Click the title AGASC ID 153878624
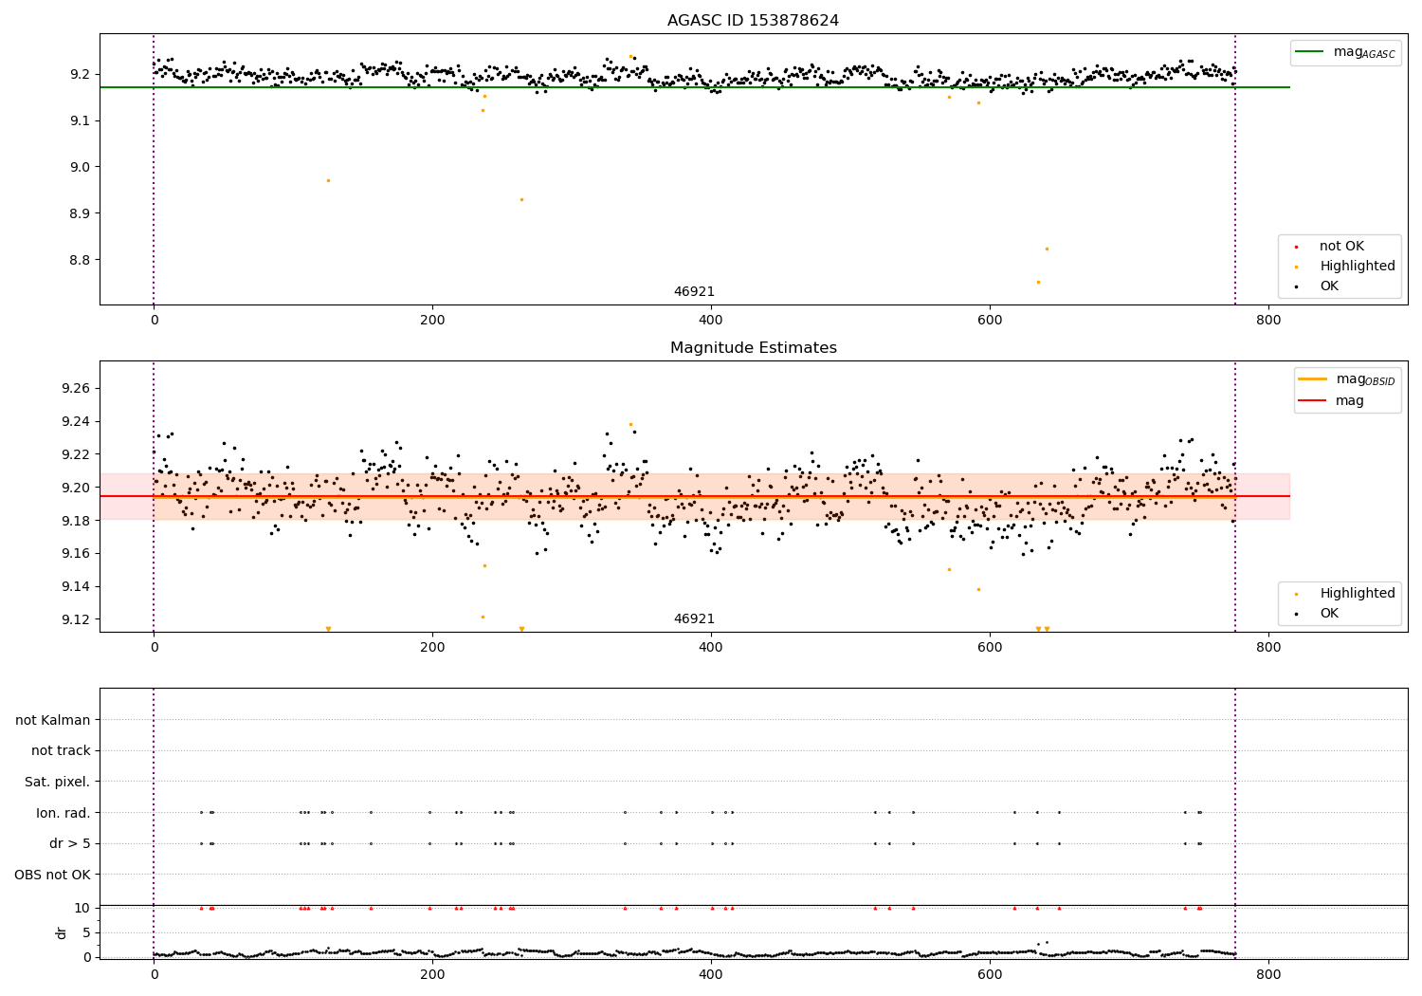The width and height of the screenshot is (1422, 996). (753, 21)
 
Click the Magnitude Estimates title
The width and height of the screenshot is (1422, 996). (753, 348)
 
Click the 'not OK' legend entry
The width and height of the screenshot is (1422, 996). (1341, 247)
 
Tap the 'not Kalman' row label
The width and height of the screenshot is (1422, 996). (53, 720)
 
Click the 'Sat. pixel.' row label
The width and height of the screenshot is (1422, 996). (57, 782)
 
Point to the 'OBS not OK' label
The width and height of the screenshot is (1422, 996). (52, 875)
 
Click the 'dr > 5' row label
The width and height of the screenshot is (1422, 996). (69, 843)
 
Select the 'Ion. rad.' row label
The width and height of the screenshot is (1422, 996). (63, 813)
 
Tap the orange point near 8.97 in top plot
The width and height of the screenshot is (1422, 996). (328, 180)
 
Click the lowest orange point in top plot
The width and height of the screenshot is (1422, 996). (1038, 282)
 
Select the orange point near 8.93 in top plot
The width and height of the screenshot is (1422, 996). (521, 199)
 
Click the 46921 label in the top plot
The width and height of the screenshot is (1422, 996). (694, 291)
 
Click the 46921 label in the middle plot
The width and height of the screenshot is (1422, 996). (694, 618)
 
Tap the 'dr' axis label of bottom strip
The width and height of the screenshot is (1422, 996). (62, 932)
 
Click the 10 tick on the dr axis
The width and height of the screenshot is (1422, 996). (82, 908)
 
